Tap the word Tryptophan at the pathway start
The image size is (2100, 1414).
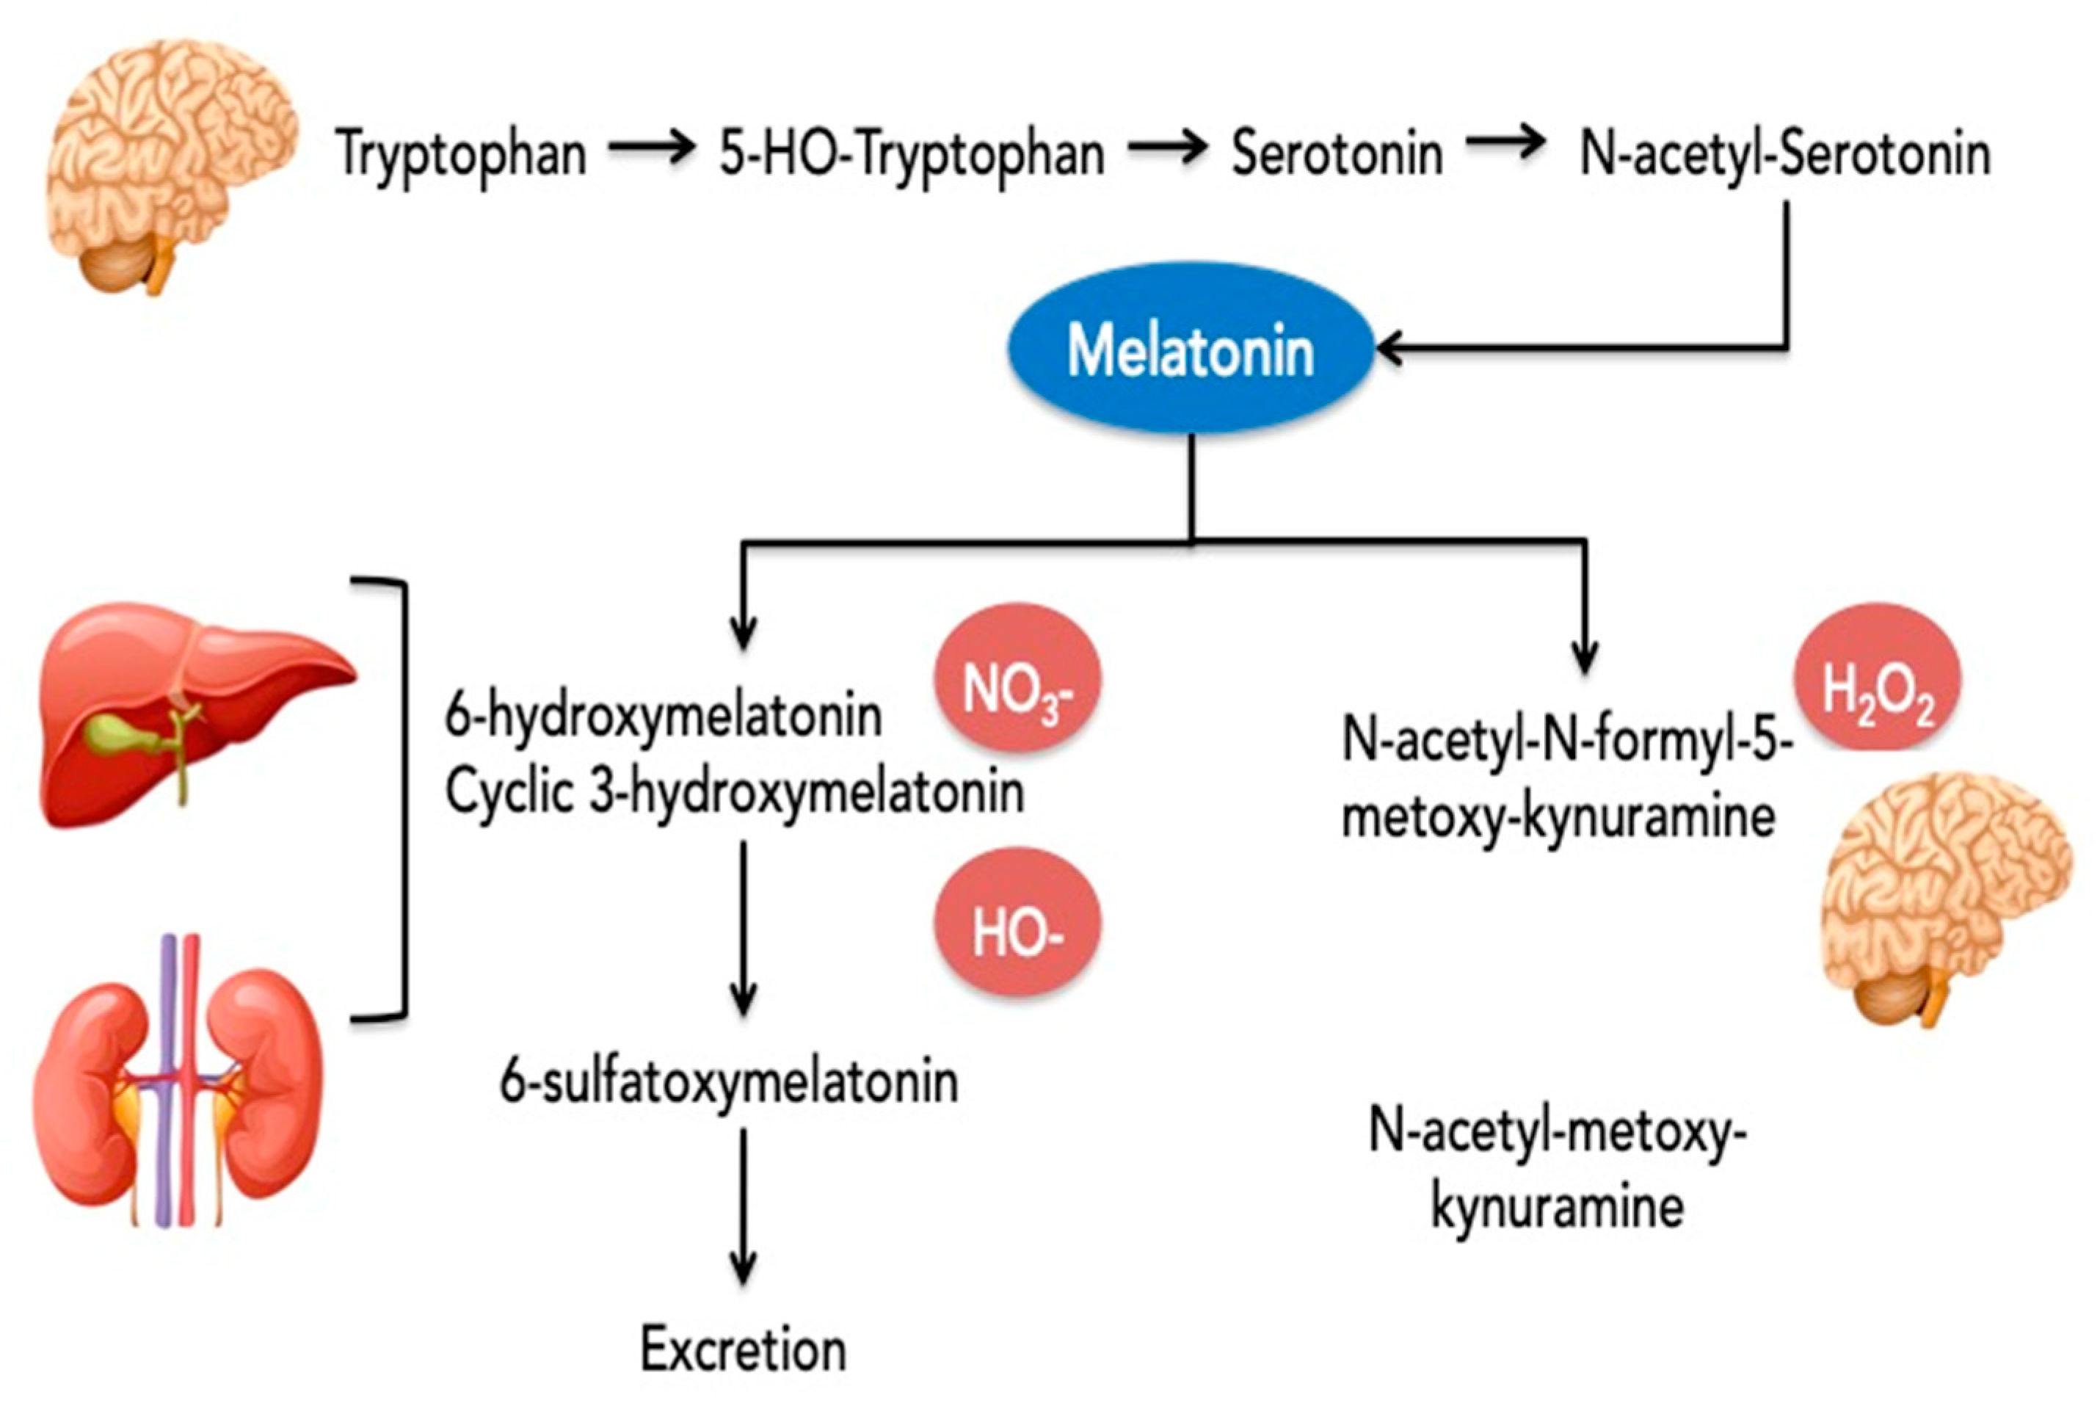coord(461,153)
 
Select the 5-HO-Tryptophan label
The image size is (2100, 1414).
coord(912,153)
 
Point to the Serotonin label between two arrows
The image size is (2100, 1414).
coord(1337,153)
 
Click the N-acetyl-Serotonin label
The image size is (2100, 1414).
coord(1785,153)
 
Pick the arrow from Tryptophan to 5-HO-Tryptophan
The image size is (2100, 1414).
coord(651,147)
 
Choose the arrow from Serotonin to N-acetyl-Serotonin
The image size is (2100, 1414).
coord(1505,145)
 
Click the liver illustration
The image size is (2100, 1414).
coord(194,712)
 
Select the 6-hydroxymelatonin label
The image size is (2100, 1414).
coord(664,718)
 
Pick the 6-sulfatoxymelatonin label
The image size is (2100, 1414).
coord(729,1082)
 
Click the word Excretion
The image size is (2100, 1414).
coord(743,1350)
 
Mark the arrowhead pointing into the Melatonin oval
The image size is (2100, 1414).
coord(1389,348)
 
